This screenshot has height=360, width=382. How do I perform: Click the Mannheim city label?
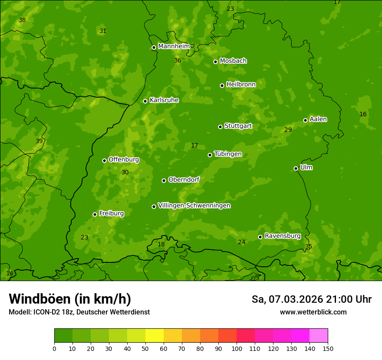[x=174, y=46]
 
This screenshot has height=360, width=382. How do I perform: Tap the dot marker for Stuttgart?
[x=220, y=127]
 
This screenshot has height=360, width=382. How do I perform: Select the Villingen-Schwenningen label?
[x=194, y=206]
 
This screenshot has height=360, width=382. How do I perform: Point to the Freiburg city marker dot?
[x=95, y=214]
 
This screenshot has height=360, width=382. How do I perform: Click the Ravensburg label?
[x=282, y=236]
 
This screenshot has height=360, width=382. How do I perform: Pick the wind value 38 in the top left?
[x=22, y=20]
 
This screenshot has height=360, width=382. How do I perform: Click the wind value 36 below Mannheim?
[x=178, y=60]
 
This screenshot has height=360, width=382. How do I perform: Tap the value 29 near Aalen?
[x=288, y=130]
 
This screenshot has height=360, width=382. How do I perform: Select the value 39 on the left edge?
[x=39, y=141]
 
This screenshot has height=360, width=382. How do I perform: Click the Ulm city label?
[x=306, y=167]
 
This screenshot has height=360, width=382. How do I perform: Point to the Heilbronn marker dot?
[x=222, y=85]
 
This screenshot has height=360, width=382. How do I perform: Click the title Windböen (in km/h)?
[x=70, y=299]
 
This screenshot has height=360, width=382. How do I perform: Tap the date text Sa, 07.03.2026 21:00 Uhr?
[x=311, y=299]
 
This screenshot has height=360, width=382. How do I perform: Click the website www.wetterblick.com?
[x=313, y=312]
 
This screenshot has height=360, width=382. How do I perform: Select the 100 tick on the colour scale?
[x=237, y=348]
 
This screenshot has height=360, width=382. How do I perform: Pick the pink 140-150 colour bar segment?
[x=318, y=336]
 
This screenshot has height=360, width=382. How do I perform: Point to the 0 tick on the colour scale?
[x=54, y=348]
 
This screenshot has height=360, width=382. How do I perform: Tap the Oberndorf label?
[x=184, y=180]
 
